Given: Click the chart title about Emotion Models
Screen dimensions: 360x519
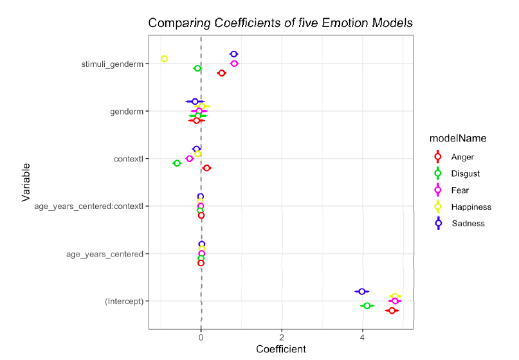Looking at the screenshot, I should pyautogui.click(x=280, y=23).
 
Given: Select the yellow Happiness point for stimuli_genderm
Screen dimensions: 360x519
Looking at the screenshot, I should pyautogui.click(x=164, y=59).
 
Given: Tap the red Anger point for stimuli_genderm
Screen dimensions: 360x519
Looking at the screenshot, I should pyautogui.click(x=222, y=73).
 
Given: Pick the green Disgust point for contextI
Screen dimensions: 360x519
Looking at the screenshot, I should pyautogui.click(x=177, y=163).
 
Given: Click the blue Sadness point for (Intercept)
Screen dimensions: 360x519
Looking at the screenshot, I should pyautogui.click(x=362, y=291).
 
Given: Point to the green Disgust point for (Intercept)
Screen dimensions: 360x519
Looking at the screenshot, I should pyautogui.click(x=367, y=306).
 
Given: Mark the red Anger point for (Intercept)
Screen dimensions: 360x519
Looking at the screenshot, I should pyautogui.click(x=392, y=310).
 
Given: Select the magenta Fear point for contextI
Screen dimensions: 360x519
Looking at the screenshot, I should pyautogui.click(x=189, y=158).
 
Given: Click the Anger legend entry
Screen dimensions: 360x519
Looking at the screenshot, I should pyautogui.click(x=462, y=156).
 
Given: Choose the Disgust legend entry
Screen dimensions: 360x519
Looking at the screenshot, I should pyautogui.click(x=465, y=173).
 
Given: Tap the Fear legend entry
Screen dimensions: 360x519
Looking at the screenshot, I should pyautogui.click(x=460, y=190).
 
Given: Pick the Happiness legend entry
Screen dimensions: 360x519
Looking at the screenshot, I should pyautogui.click(x=471, y=206).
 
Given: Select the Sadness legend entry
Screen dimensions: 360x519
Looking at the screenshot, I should pyautogui.click(x=468, y=223).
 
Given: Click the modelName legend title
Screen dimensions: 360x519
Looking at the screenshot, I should pyautogui.click(x=458, y=138).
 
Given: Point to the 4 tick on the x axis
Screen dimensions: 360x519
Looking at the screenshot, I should pyautogui.click(x=363, y=337).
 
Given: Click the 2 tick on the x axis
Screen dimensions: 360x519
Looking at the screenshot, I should pyautogui.click(x=282, y=337).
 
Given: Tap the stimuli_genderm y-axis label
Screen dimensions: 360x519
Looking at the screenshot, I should pyautogui.click(x=112, y=64).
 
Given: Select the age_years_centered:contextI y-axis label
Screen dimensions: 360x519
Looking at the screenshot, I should pyautogui.click(x=89, y=206).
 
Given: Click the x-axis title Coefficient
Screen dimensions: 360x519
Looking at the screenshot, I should pyautogui.click(x=281, y=350).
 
